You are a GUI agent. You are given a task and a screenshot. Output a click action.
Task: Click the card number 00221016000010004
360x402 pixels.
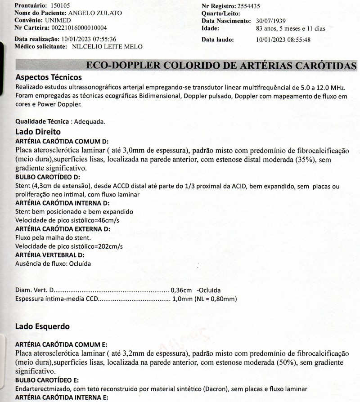pos(77,28)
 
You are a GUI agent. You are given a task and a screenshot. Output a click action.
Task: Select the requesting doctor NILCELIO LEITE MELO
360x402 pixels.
pos(108,46)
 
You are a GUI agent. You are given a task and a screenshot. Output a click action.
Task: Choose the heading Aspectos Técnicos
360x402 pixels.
pos(49,77)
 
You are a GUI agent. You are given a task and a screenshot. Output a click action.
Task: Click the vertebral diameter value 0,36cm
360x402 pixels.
pos(183,290)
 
